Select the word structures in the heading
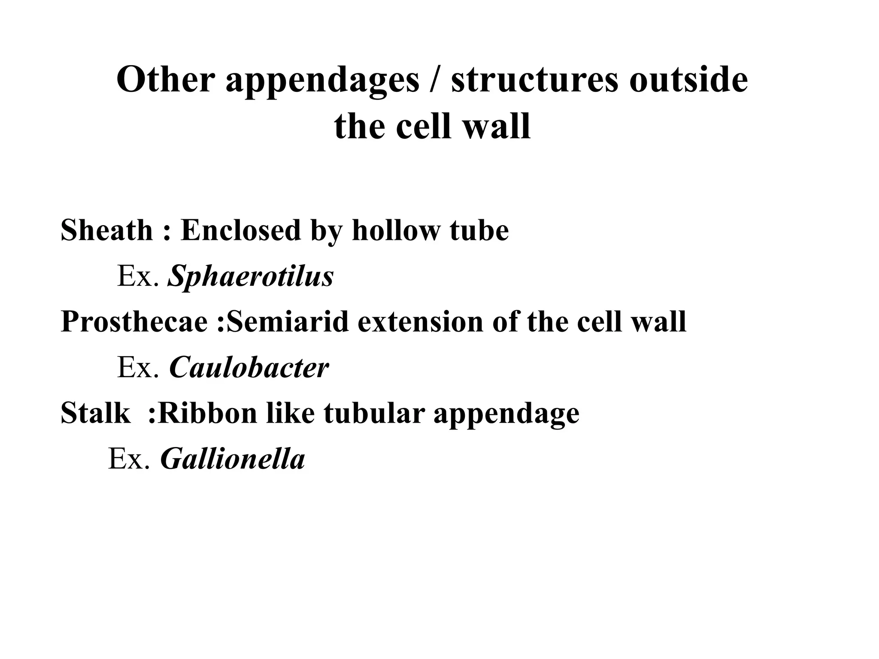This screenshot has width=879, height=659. click(535, 80)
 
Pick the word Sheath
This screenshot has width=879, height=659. click(106, 230)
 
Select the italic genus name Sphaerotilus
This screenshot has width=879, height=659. click(251, 276)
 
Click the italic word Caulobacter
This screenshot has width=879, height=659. click(249, 367)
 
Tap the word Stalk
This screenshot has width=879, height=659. click(95, 413)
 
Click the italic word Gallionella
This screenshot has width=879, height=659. click(232, 459)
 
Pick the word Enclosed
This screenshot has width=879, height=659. click(240, 230)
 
